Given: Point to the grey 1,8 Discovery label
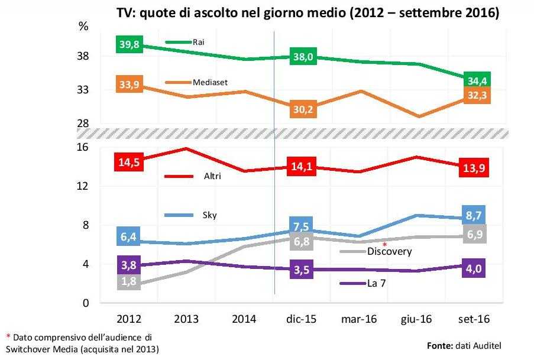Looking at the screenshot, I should [x=130, y=281].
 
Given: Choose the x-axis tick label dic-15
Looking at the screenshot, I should [x=302, y=319].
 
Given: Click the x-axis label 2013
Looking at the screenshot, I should [x=186, y=319].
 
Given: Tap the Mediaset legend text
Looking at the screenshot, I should [x=211, y=82].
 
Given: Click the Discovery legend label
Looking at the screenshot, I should [x=390, y=251].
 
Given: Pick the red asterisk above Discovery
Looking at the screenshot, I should [x=384, y=244].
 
